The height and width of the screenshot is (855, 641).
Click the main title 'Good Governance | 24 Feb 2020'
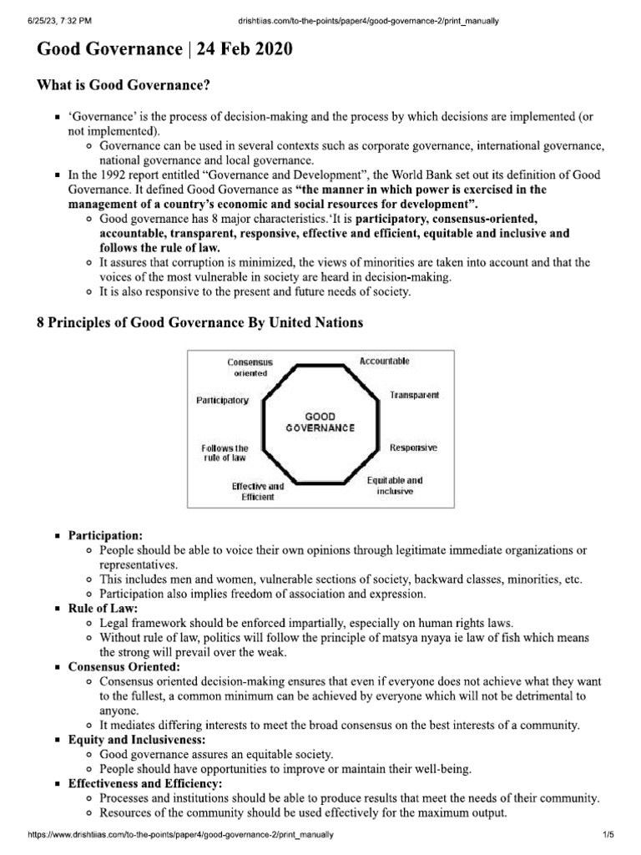pyautogui.click(x=164, y=50)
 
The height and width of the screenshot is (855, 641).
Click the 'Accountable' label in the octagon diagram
pyautogui.click(x=384, y=361)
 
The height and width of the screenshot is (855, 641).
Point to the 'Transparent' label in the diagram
pyautogui.click(x=414, y=394)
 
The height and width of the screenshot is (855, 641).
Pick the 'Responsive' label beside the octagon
pyautogui.click(x=413, y=448)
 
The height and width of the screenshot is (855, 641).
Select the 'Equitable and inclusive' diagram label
pyautogui.click(x=395, y=486)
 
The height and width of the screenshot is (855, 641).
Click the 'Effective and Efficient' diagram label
pyautogui.click(x=258, y=491)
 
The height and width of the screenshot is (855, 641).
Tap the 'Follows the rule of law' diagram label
pyautogui.click(x=225, y=453)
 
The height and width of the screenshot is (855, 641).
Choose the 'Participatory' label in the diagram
pyautogui.click(x=222, y=401)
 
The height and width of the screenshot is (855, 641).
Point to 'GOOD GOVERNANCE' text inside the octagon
pyautogui.click(x=320, y=422)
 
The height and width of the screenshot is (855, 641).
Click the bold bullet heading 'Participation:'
pyautogui.click(x=105, y=534)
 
